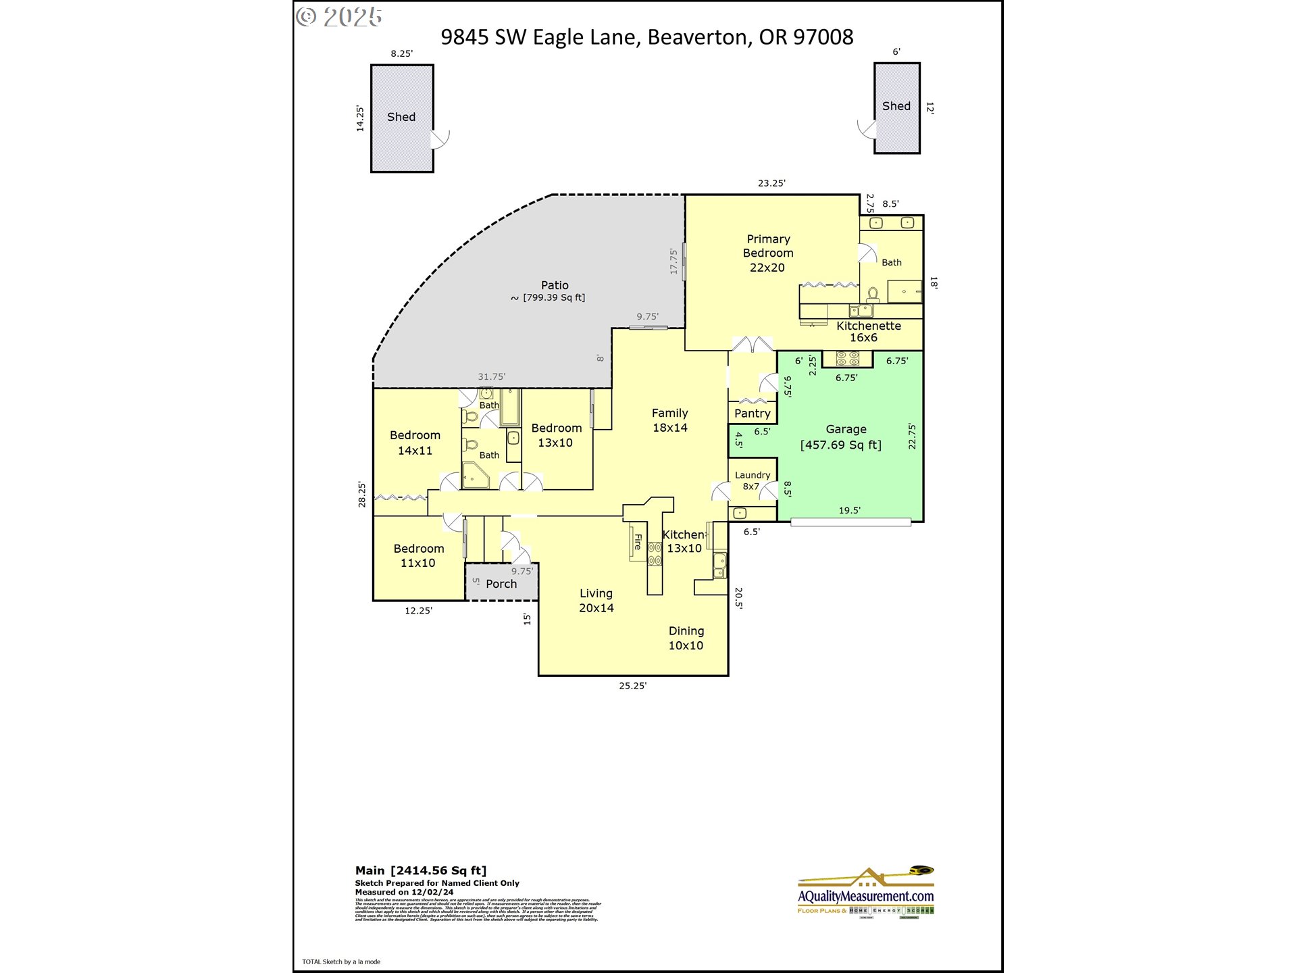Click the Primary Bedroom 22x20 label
point(768,253)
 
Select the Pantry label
point(752,414)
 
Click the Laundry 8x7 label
point(752,480)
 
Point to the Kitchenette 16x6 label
point(867,332)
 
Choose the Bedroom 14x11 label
point(415,443)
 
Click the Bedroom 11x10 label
point(418,555)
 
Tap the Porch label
point(501,584)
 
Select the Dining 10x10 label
point(686,638)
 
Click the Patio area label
point(554,291)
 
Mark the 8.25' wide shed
point(402,118)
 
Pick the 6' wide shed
point(896,108)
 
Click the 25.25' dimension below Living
point(632,686)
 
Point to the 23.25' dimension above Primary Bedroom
point(771,183)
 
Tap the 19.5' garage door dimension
point(849,511)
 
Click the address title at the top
point(646,37)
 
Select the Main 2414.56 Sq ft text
point(421,870)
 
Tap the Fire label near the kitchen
point(637,541)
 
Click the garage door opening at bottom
point(850,522)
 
